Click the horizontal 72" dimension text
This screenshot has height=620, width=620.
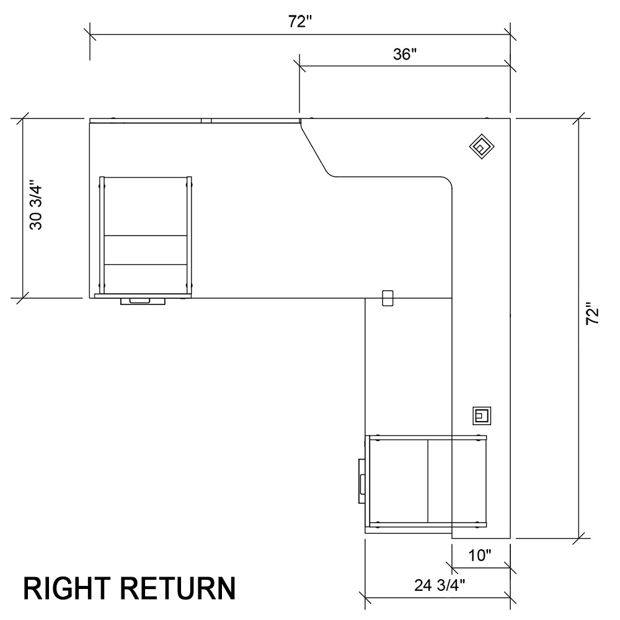[299, 22]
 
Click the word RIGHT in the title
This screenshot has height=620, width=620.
[64, 588]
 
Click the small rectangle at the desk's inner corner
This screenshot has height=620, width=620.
[388, 298]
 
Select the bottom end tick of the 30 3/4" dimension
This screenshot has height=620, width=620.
[23, 298]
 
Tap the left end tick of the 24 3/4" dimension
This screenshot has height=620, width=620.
[365, 598]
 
